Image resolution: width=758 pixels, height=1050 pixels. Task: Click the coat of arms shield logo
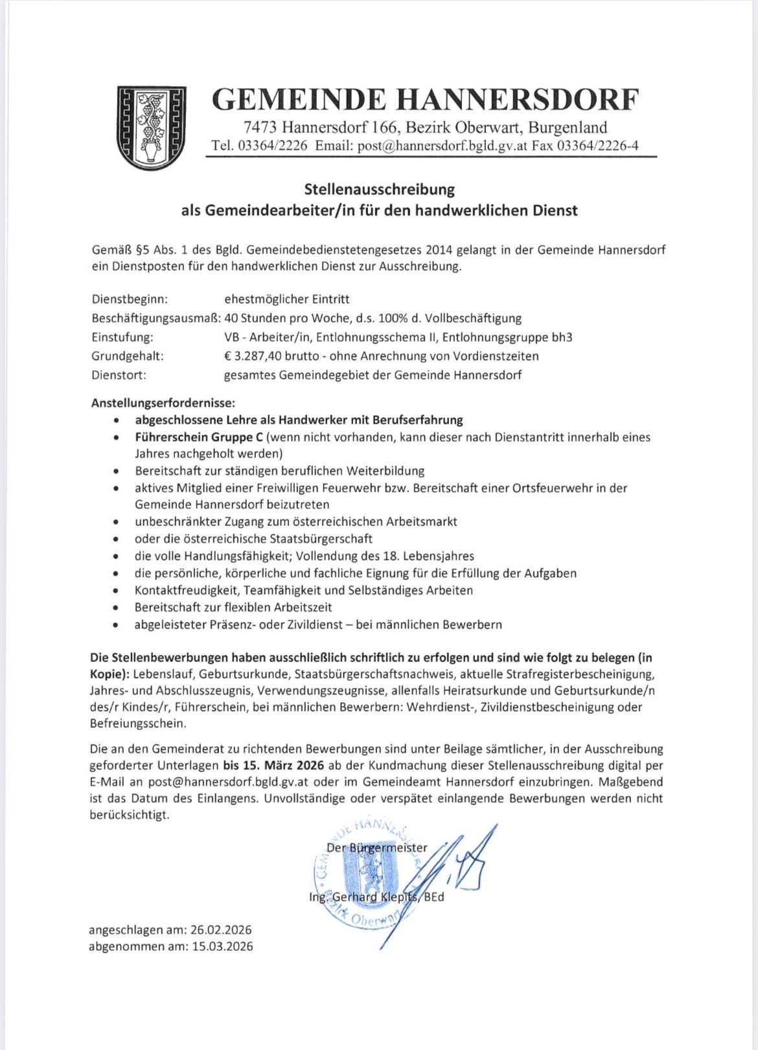150,128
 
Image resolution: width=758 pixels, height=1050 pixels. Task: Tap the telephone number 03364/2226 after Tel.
273,146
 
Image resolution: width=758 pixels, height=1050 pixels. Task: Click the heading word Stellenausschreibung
379,190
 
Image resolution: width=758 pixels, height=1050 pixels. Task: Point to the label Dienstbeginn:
130,299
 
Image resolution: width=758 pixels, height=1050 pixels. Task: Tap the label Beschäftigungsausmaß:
155,318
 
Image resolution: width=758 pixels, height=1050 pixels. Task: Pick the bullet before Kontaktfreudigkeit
115,591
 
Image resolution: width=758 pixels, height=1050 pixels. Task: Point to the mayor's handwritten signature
454,874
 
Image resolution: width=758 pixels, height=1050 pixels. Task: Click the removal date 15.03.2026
222,946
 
